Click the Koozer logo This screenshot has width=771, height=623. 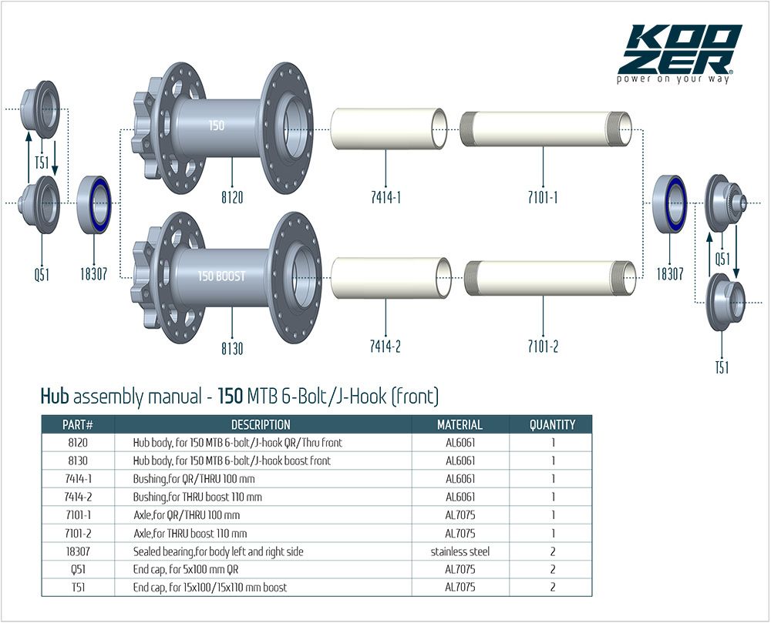[x=680, y=53]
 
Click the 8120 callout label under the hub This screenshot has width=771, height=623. [x=232, y=197]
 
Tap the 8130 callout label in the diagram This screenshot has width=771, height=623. [x=232, y=349]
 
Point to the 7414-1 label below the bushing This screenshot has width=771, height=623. [x=385, y=197]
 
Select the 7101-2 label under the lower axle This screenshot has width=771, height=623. [x=543, y=347]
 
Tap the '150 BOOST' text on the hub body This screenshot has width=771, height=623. [x=221, y=276]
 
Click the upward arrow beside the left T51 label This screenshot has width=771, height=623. [x=29, y=156]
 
